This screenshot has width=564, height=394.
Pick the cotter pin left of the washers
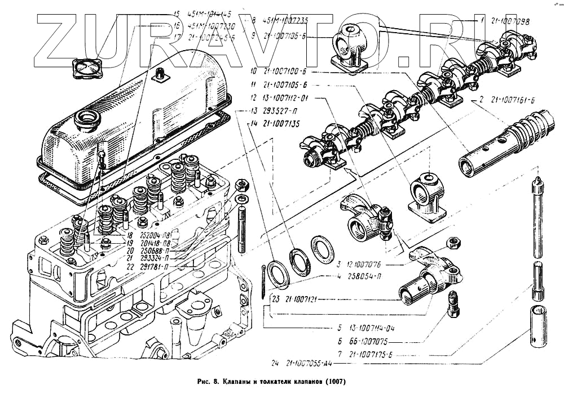click(x=263, y=279)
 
